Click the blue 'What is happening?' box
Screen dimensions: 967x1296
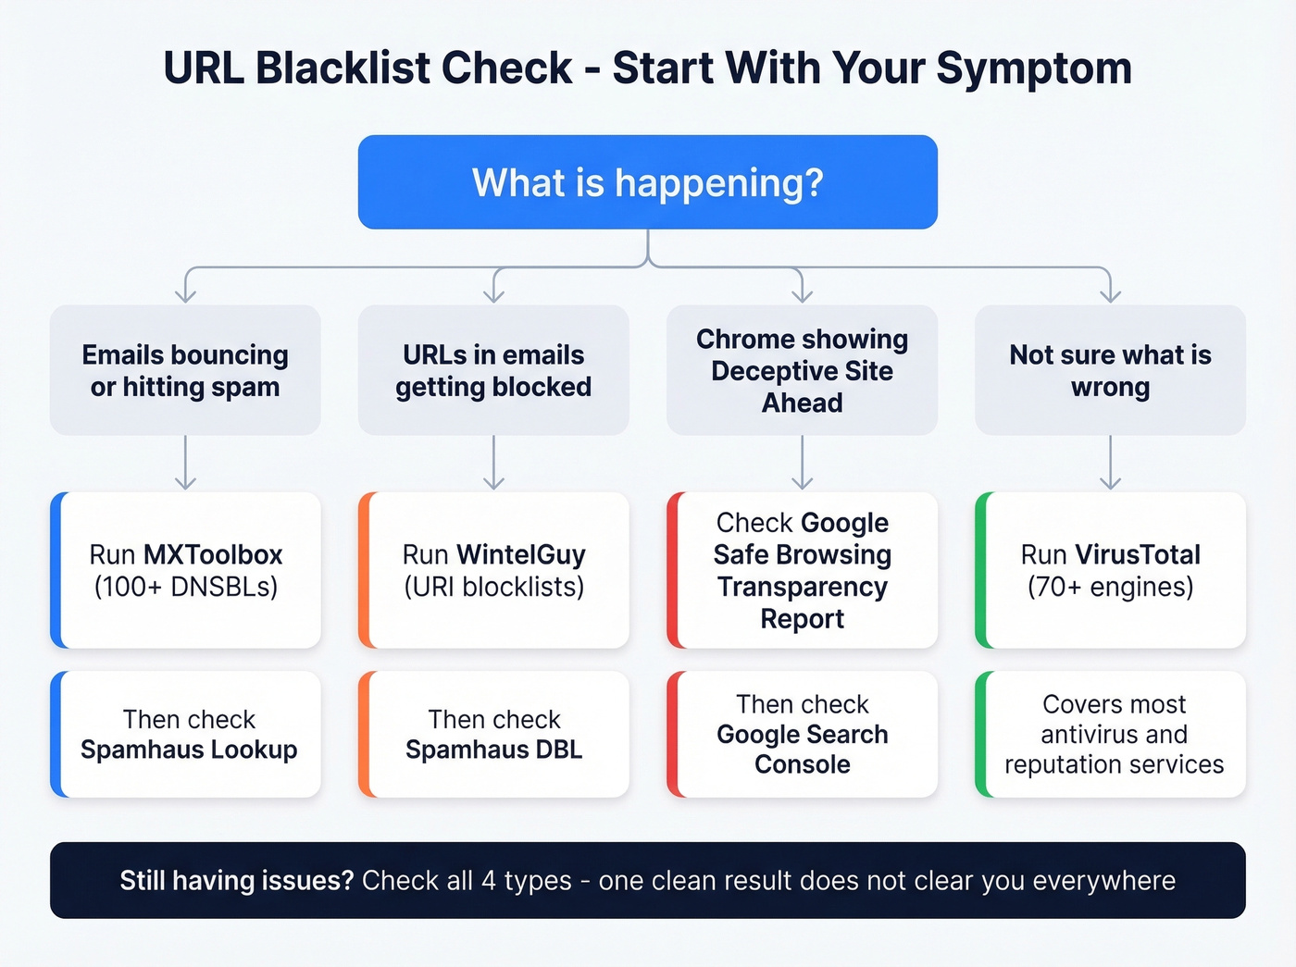pos(647,182)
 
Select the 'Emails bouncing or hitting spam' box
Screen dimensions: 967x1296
pos(185,370)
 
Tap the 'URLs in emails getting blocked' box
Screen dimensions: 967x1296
pos(493,370)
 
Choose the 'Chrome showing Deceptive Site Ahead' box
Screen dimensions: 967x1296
pos(802,370)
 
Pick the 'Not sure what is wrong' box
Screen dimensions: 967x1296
pos(1110,370)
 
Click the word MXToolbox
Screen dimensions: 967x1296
pos(213,554)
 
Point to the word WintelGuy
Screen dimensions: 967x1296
pos(521,554)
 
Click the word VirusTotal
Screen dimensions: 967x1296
pos(1137,554)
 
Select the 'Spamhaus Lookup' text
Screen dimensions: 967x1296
pos(189,750)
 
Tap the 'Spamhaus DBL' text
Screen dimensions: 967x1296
pos(493,750)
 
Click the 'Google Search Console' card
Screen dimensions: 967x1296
pos(802,735)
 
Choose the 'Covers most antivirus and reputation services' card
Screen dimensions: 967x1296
pos(1114,735)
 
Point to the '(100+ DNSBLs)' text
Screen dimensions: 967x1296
pos(185,587)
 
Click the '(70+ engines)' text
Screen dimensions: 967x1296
pos(1110,587)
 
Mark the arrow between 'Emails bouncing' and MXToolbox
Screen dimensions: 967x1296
pos(185,463)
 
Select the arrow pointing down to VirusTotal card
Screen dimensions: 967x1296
pos(1110,463)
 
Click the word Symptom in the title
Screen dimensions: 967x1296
pos(1034,68)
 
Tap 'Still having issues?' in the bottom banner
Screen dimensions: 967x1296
pos(237,880)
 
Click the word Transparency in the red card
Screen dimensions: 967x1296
pos(802,587)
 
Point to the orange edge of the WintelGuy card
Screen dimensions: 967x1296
pos(364,570)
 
